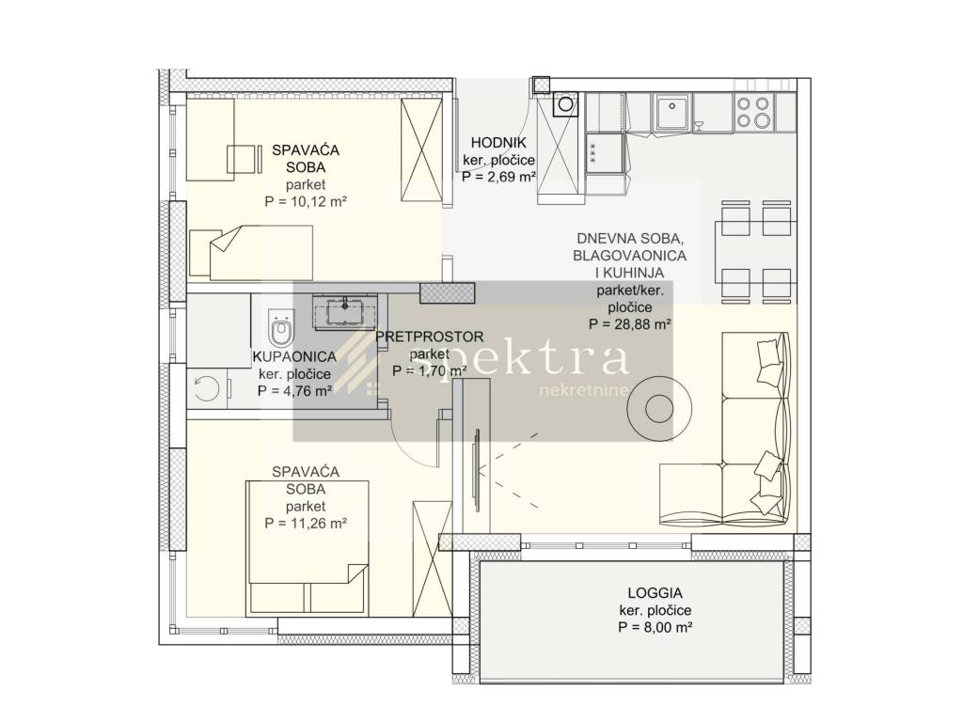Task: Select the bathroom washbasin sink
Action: tap(345, 310)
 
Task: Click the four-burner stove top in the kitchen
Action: tap(754, 112)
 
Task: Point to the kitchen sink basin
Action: tap(671, 112)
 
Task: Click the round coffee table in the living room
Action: tap(661, 408)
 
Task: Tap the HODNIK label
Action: tap(498, 143)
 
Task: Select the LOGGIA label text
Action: tap(655, 593)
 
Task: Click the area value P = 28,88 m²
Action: tap(629, 324)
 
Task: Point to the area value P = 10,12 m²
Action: tap(306, 201)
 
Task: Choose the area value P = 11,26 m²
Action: tap(306, 524)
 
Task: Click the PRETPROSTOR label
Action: tap(429, 337)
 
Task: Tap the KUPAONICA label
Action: tap(294, 356)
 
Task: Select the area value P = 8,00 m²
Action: tap(655, 627)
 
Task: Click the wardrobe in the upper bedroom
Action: tap(421, 149)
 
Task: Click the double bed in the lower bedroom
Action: tap(308, 548)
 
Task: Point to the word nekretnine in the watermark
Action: tap(583, 390)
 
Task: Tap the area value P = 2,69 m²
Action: tap(498, 177)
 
